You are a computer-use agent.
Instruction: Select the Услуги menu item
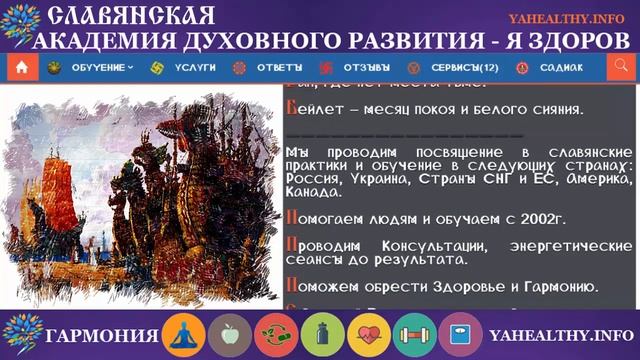click(x=185, y=68)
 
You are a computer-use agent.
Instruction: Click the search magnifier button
click(x=619, y=68)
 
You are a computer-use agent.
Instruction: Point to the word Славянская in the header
click(x=131, y=16)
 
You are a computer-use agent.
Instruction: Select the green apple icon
click(x=231, y=334)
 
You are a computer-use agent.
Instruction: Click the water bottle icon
click(x=323, y=334)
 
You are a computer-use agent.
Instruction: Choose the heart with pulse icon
click(x=369, y=334)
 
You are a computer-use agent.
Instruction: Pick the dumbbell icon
click(x=414, y=334)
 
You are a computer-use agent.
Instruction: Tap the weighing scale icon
click(x=459, y=334)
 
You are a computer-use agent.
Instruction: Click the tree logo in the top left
click(x=22, y=28)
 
